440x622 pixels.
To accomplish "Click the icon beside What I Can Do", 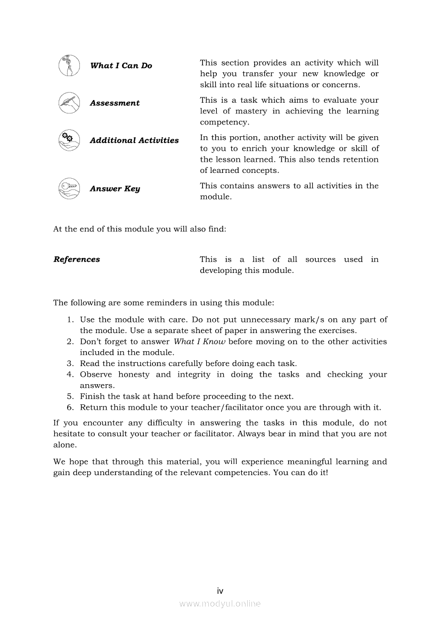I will pyautogui.click(x=69, y=65).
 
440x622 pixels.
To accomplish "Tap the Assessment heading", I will pyautogui.click(x=115, y=103).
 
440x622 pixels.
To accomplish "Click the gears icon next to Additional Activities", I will pyautogui.click(x=69, y=140).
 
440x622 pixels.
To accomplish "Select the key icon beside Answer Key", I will pyautogui.click(x=69, y=188).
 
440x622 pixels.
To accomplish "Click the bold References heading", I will pyautogui.click(x=77, y=260).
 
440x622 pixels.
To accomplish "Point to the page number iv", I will pyautogui.click(x=220, y=591).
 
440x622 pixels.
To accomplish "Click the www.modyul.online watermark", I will pyautogui.click(x=220, y=603).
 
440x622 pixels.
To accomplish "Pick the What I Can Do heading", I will pyautogui.click(x=121, y=66).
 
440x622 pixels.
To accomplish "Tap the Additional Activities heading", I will pyautogui.click(x=134, y=140).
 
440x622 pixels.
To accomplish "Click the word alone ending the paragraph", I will pyautogui.click(x=64, y=445).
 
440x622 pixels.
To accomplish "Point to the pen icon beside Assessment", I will pyautogui.click(x=69, y=103).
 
